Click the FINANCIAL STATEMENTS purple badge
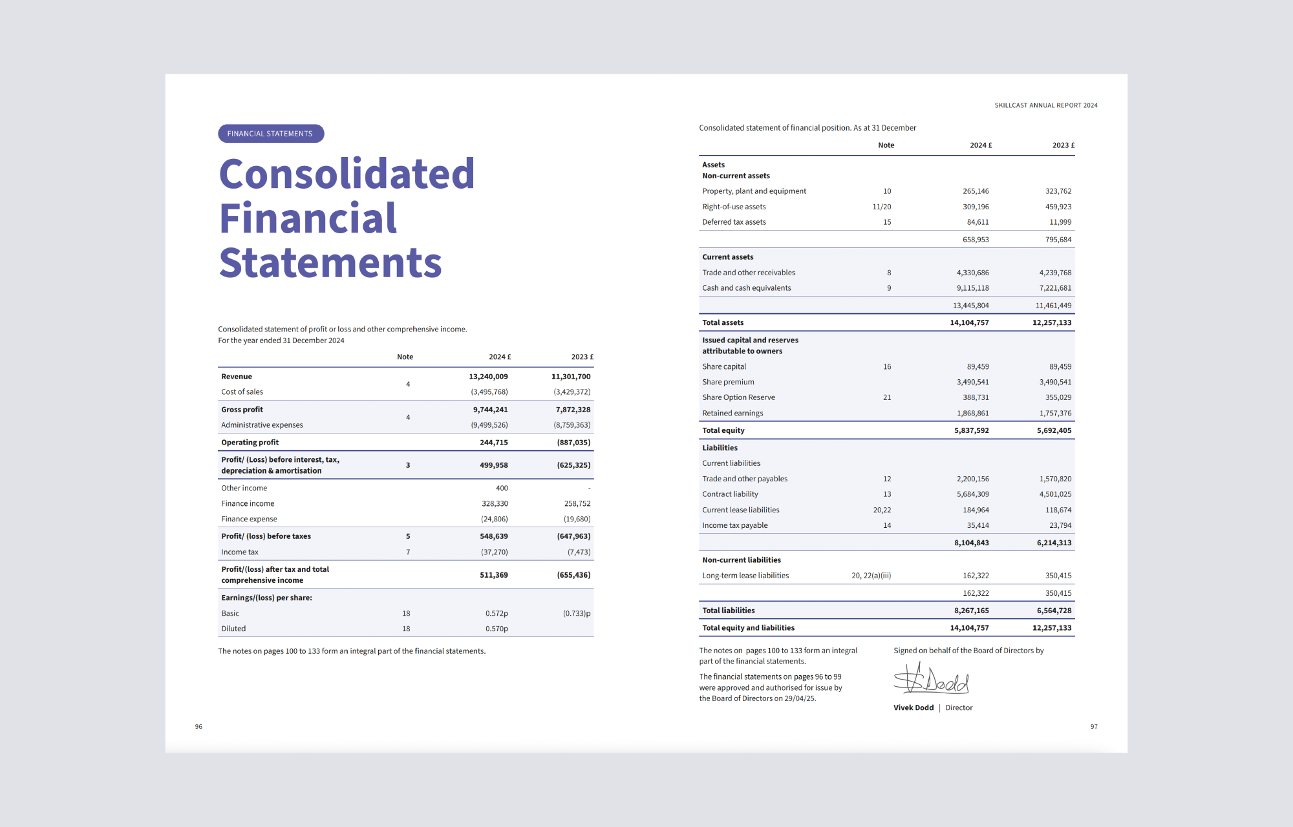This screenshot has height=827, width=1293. pos(271,134)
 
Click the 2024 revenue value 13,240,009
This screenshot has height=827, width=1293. pos(488,377)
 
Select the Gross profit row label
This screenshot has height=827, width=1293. pos(242,410)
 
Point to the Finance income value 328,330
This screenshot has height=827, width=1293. pos(495,504)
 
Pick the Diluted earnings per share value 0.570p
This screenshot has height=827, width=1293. pos(497,629)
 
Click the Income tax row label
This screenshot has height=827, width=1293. pos(239,552)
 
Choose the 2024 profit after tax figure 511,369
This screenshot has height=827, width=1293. pos(494,575)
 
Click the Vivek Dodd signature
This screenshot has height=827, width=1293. pos(931,680)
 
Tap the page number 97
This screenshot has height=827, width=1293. pos(1094,727)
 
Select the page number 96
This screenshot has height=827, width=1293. pos(198,727)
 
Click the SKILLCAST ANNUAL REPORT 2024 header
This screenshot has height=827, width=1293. pos(1046,105)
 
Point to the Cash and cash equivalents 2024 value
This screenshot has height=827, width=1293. pos(973,288)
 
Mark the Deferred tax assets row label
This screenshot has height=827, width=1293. pos(734,222)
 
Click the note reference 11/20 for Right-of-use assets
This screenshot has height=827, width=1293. pos(882,207)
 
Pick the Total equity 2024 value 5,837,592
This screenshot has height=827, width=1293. pos(972,430)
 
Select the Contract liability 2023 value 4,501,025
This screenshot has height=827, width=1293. pos(1055,494)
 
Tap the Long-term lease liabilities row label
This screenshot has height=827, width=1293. pos(745,576)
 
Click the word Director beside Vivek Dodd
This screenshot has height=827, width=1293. pos(959,708)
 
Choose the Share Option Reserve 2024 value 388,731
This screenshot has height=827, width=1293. pos(976,397)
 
